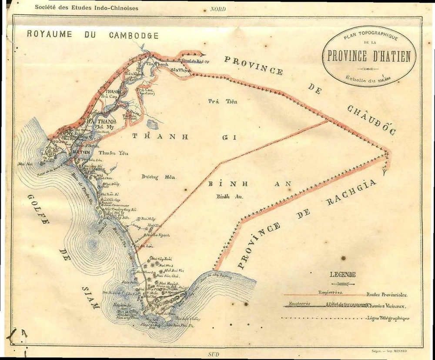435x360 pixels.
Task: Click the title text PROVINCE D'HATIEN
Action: pyautogui.click(x=369, y=56)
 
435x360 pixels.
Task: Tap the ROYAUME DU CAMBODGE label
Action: pyautogui.click(x=93, y=34)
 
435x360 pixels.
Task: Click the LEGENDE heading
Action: pyautogui.click(x=343, y=274)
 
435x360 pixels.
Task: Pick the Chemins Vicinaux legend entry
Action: pyautogui.click(x=387, y=306)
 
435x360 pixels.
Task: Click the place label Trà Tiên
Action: pyautogui.click(x=218, y=101)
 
